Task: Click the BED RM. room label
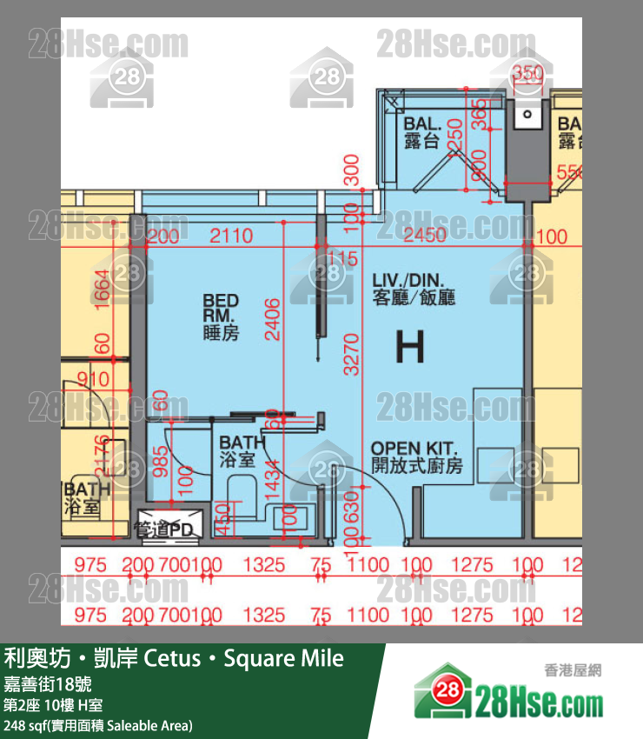[x=221, y=316]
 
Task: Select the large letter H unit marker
[x=410, y=348]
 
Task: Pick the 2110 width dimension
[x=231, y=236]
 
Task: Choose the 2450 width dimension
[x=425, y=235]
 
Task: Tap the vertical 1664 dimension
[x=103, y=284]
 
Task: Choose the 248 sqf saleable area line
[x=97, y=724]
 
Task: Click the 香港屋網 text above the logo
[x=573, y=670]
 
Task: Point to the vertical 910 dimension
[x=94, y=379]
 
